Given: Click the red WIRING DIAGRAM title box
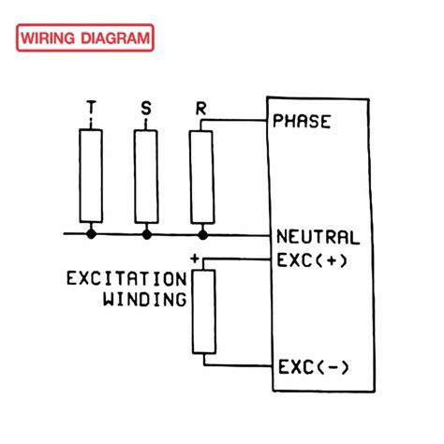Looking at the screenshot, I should [x=84, y=39].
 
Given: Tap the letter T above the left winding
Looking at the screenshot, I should [x=90, y=109].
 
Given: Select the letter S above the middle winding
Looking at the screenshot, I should [x=145, y=109].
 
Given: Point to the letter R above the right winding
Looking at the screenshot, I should [x=201, y=109].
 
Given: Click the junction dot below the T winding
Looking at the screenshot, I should [x=91, y=231].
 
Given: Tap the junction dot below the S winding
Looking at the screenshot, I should [x=145, y=231].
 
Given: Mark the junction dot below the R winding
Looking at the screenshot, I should [x=201, y=231].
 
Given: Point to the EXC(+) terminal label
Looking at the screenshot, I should [x=312, y=260].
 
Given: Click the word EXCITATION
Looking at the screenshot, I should [x=127, y=279].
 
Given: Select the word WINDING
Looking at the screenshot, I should [x=144, y=300].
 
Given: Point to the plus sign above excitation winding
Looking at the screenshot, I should [x=194, y=257].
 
